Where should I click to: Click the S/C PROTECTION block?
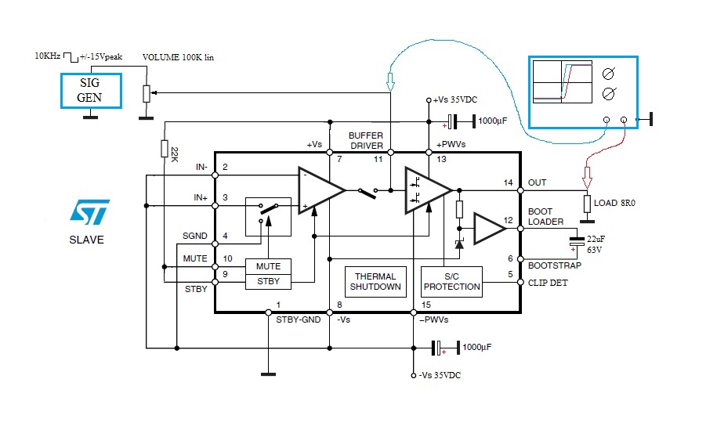(x=451, y=281)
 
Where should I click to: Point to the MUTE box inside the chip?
(x=268, y=267)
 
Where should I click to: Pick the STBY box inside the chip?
(x=268, y=281)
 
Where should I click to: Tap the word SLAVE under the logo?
(x=86, y=240)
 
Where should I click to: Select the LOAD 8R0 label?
(x=617, y=204)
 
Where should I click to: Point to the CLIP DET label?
(x=548, y=283)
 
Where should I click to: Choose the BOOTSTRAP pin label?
(x=554, y=266)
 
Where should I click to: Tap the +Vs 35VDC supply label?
(x=454, y=100)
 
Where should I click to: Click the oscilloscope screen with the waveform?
(x=561, y=83)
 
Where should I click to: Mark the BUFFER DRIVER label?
(x=366, y=140)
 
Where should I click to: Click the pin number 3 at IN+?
(x=225, y=197)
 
